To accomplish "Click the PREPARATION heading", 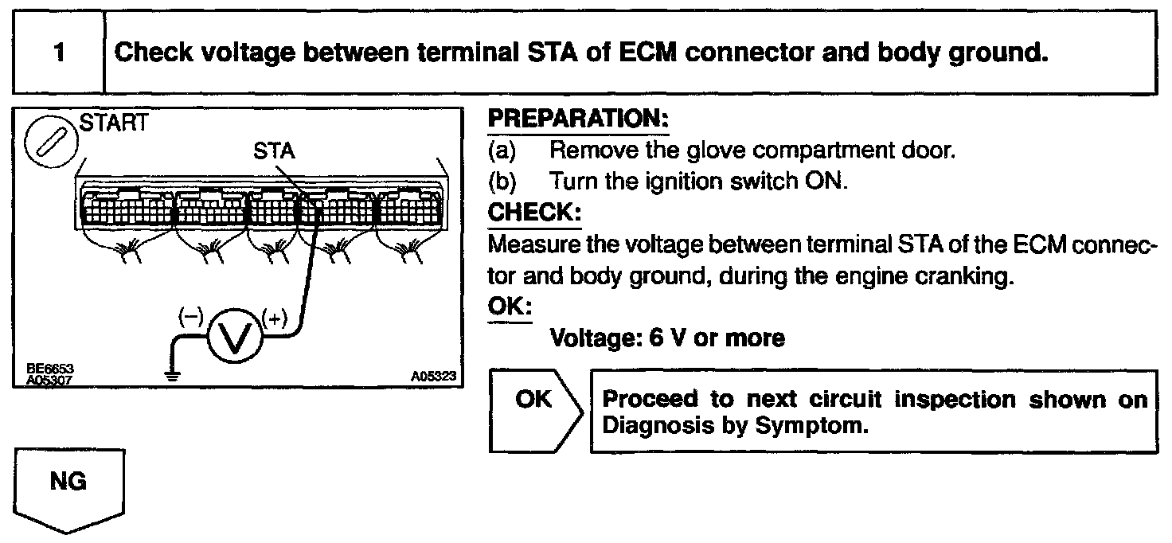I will (578, 120).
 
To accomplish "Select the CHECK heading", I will (534, 213).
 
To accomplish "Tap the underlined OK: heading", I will (510, 307).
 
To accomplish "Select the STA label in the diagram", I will (274, 151).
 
